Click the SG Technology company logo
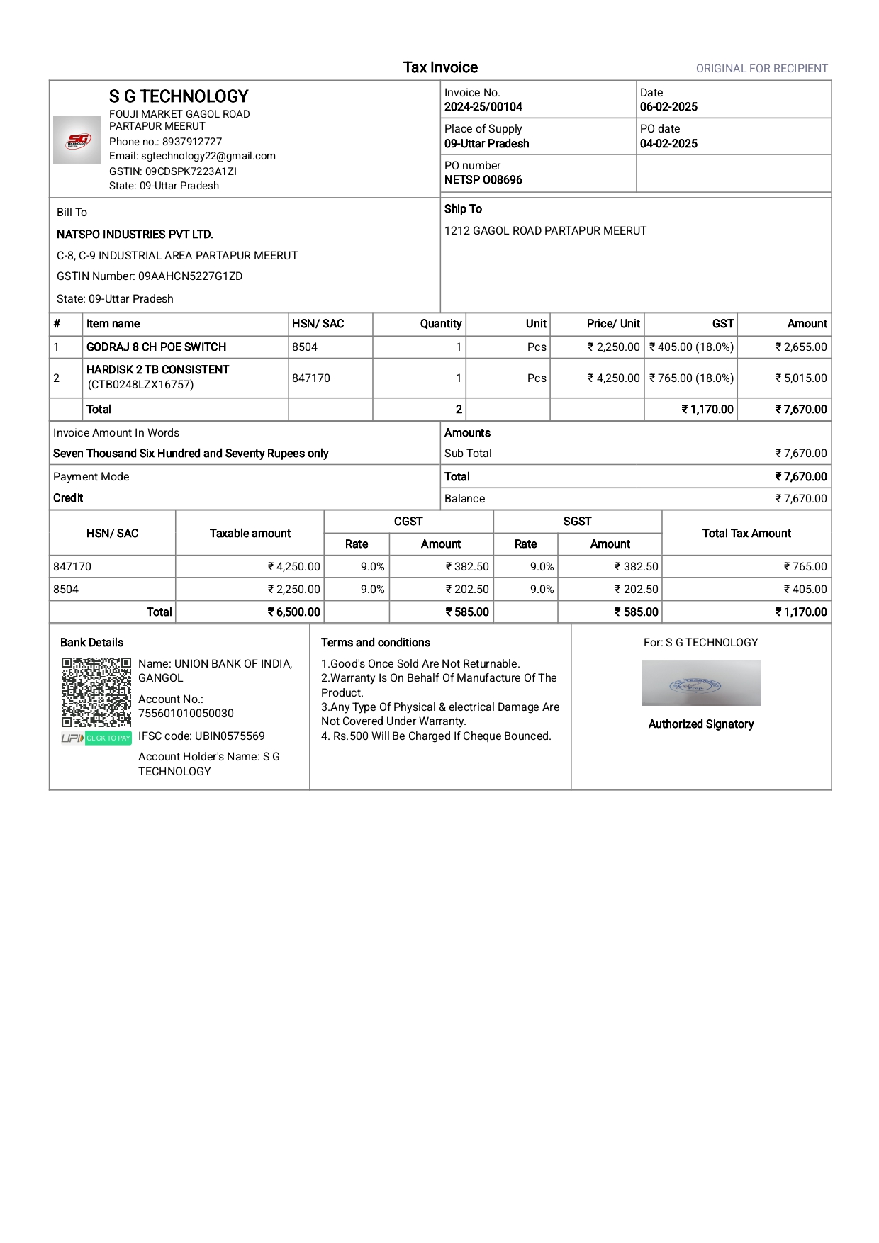[x=77, y=140]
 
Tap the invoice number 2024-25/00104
[x=483, y=107]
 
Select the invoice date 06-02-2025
[x=668, y=107]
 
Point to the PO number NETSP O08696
[x=483, y=180]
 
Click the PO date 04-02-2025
[x=668, y=144]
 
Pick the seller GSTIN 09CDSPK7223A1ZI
[x=191, y=171]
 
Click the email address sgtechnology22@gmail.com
[x=208, y=156]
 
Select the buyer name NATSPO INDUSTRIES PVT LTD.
[x=135, y=235]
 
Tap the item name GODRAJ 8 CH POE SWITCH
[x=156, y=347]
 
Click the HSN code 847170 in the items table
[x=310, y=378]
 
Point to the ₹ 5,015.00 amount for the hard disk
[x=801, y=378]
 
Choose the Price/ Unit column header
[x=613, y=324]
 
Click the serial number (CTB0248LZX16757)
[x=140, y=385]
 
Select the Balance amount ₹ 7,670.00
[x=801, y=499]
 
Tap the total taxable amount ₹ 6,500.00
[x=293, y=612]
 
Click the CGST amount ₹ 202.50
[x=467, y=590]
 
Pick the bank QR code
[x=96, y=692]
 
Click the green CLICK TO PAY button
[x=108, y=738]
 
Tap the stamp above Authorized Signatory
[x=700, y=683]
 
